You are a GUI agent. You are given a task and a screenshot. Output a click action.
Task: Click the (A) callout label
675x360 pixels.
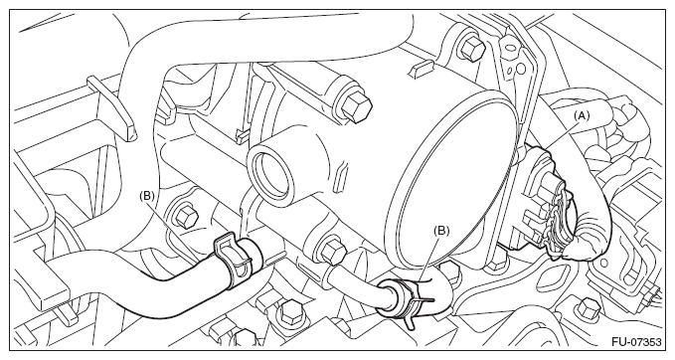581,115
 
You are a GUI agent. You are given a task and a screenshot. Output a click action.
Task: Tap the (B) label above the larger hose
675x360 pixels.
146,196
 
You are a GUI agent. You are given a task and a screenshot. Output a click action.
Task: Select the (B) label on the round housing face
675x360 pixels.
441,231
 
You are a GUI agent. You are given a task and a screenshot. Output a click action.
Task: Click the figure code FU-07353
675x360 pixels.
636,342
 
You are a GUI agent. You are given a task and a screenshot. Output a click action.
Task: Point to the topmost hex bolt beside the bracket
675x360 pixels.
472,47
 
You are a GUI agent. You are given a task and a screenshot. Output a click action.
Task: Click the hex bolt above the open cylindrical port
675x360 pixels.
356,106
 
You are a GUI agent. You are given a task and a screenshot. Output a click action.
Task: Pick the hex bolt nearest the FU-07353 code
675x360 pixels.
589,308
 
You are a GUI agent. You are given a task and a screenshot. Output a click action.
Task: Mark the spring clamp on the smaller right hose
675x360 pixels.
405,301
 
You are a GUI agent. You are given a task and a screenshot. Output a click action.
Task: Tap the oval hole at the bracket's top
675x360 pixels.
510,46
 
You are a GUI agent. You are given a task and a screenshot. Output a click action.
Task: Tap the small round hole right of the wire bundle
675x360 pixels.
602,264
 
